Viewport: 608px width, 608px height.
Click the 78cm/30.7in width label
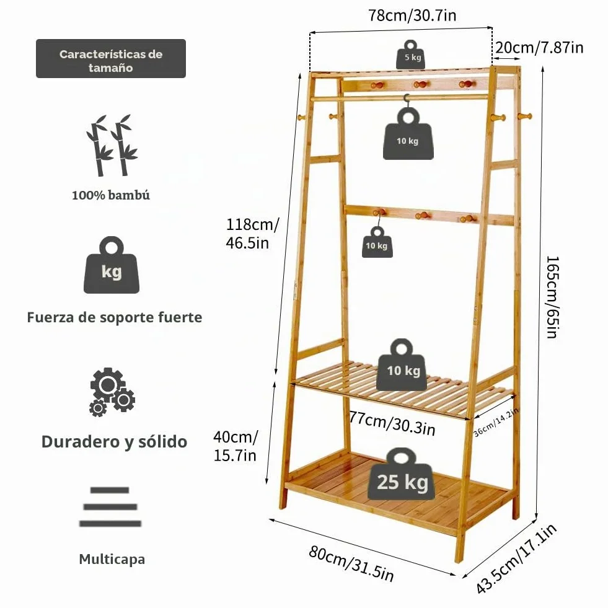(x=412, y=15)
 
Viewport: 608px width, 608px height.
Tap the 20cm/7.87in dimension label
(x=539, y=47)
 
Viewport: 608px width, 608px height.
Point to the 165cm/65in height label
(x=552, y=297)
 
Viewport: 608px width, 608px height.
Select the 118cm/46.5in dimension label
(x=252, y=234)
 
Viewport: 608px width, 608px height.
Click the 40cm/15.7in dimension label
(x=236, y=446)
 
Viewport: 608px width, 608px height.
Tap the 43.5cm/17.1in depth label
(x=516, y=558)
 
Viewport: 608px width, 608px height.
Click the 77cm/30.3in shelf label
(x=392, y=423)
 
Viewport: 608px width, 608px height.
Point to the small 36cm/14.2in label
(x=496, y=422)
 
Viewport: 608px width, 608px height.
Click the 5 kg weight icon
(x=411, y=55)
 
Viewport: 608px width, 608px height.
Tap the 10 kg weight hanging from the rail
(x=408, y=133)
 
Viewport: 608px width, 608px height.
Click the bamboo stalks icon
(x=112, y=146)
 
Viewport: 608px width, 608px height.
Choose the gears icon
(x=112, y=392)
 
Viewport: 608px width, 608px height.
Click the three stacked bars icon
(x=110, y=507)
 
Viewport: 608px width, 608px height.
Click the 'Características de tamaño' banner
(x=111, y=58)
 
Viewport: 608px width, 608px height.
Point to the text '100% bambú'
(x=111, y=195)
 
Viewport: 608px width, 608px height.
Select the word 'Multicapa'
(x=112, y=559)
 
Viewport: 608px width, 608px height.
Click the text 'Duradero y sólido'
(x=115, y=442)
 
